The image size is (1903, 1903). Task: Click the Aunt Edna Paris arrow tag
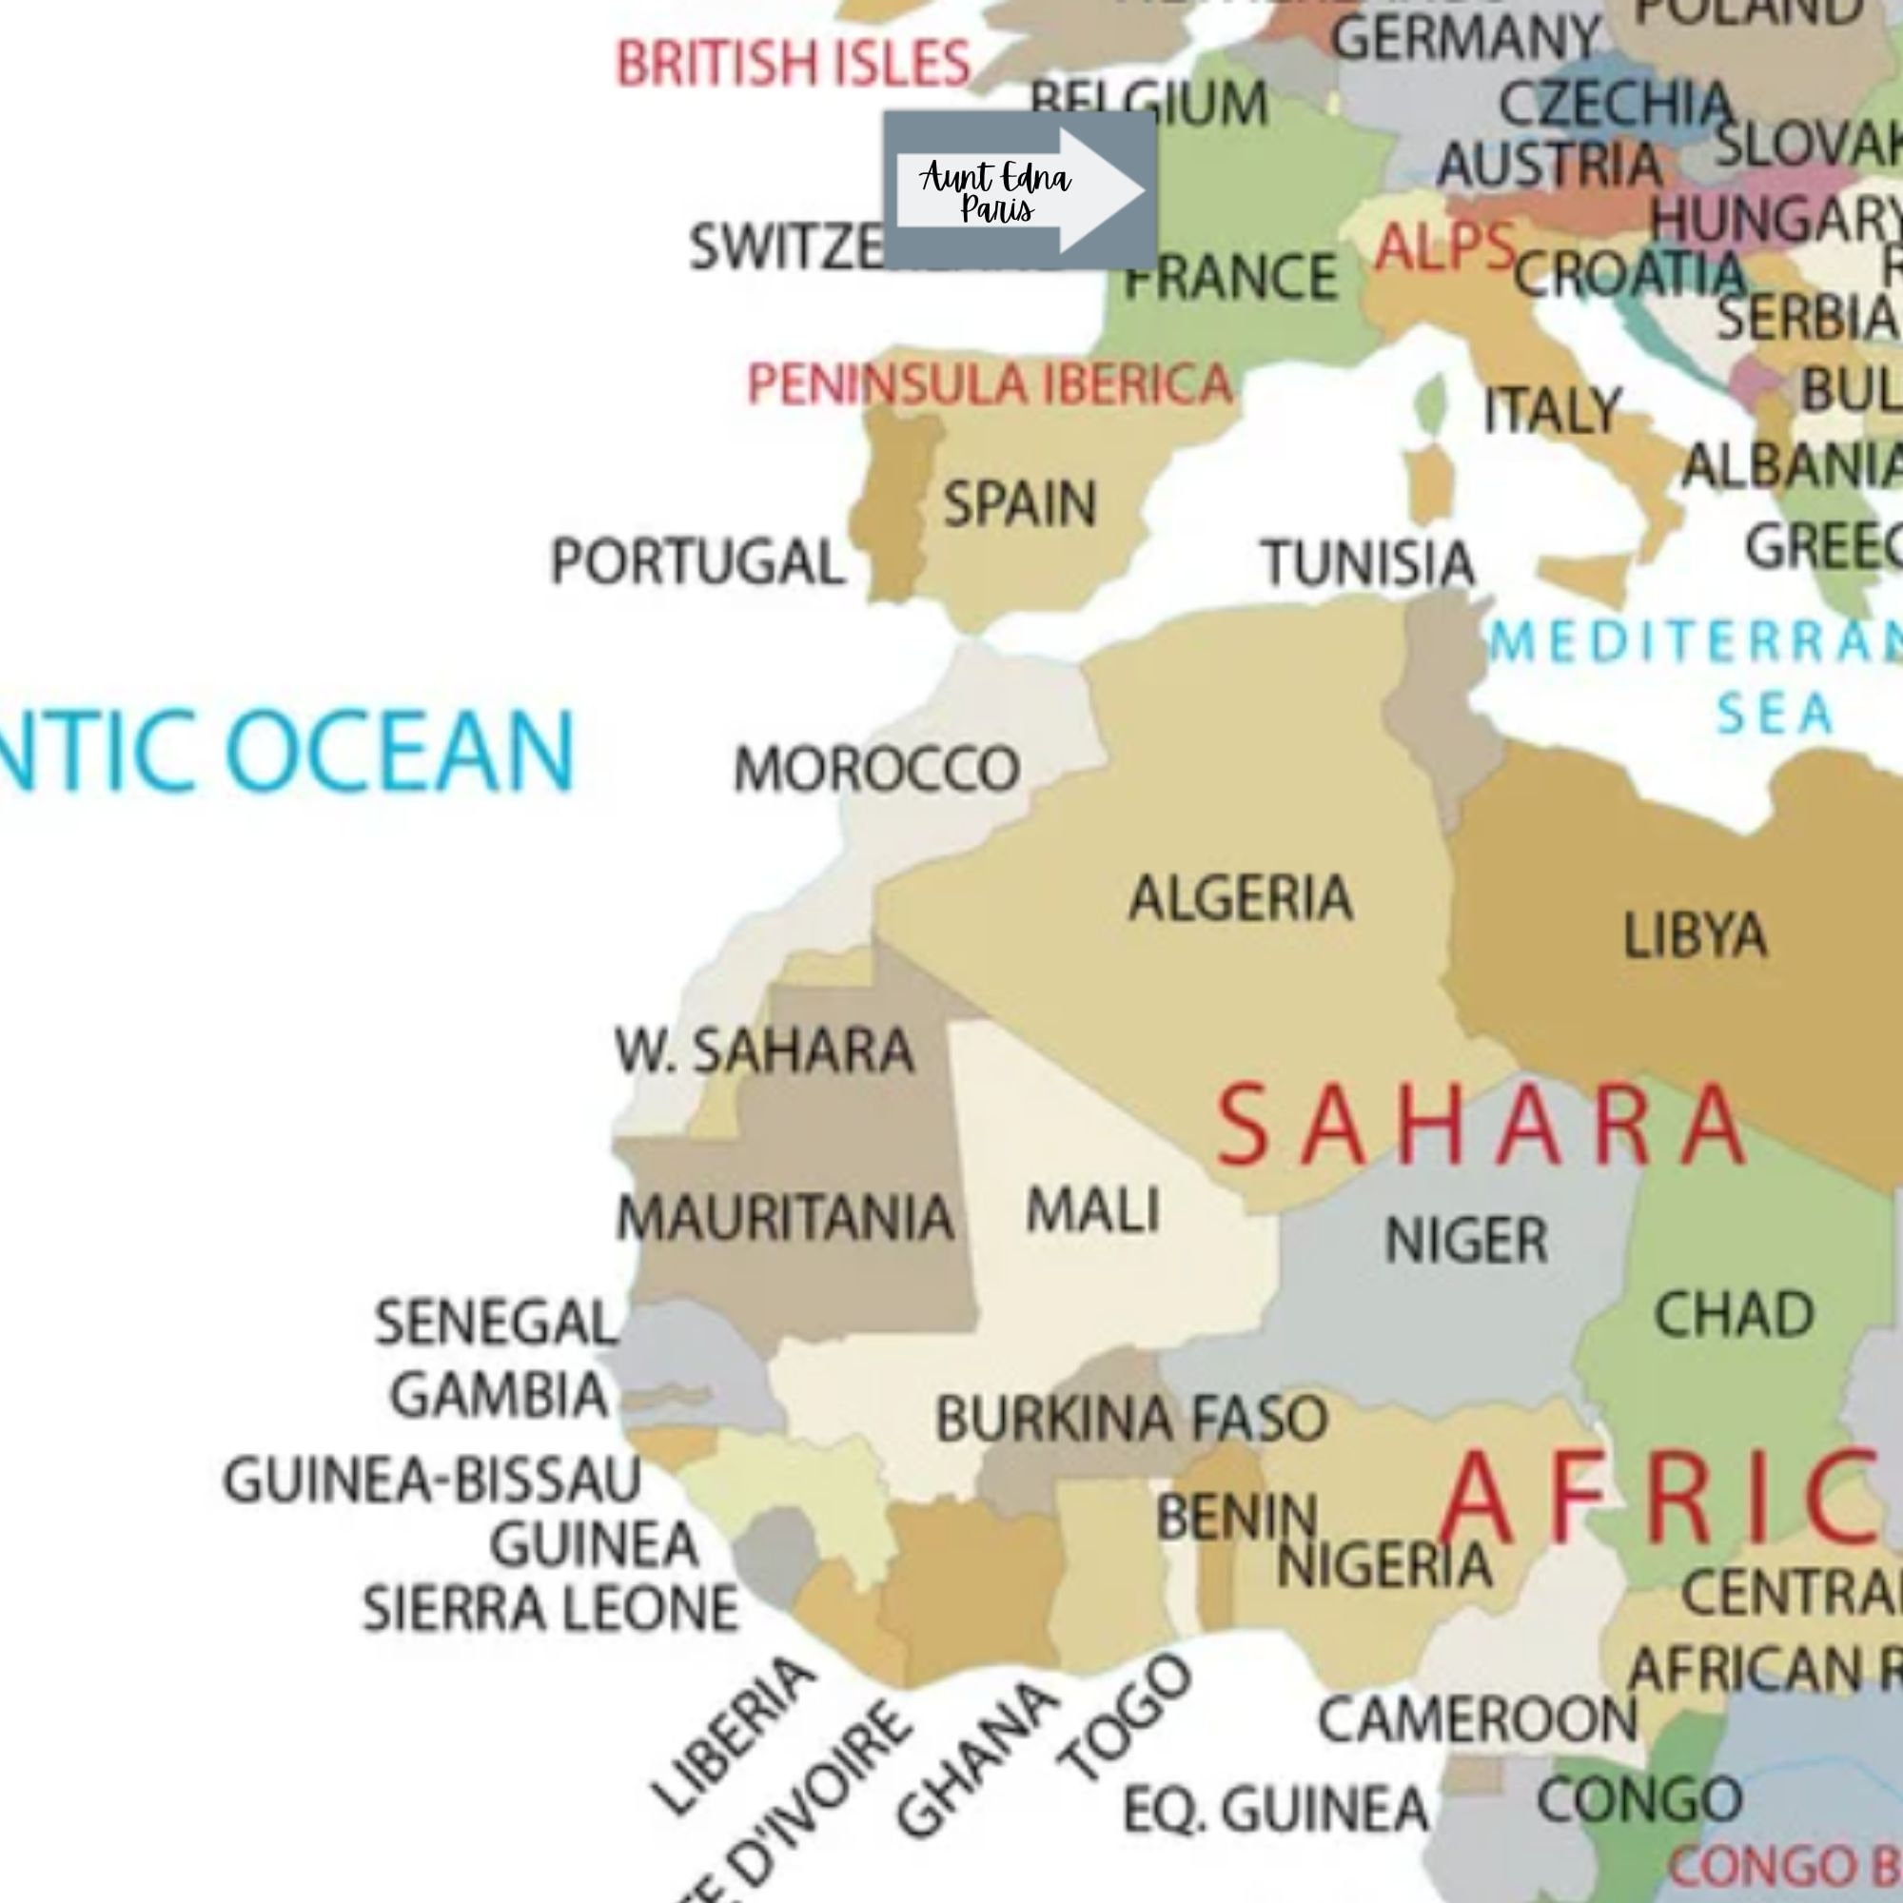[1019, 190]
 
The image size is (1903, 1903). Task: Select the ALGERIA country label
[1240, 897]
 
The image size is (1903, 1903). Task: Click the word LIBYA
[1695, 934]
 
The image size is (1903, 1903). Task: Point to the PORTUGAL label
[697, 562]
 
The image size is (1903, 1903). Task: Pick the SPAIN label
[1019, 504]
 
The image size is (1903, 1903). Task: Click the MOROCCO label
[876, 768]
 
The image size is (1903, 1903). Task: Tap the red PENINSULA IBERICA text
[989, 384]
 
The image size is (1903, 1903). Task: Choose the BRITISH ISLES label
[793, 64]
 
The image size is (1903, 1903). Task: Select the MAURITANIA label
[785, 1218]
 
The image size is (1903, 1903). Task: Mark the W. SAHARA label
[764, 1050]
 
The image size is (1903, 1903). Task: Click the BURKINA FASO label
[1131, 1420]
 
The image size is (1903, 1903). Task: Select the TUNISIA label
[1368, 563]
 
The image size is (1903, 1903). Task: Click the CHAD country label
[1734, 1314]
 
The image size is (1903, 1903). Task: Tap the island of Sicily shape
[1584, 577]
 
